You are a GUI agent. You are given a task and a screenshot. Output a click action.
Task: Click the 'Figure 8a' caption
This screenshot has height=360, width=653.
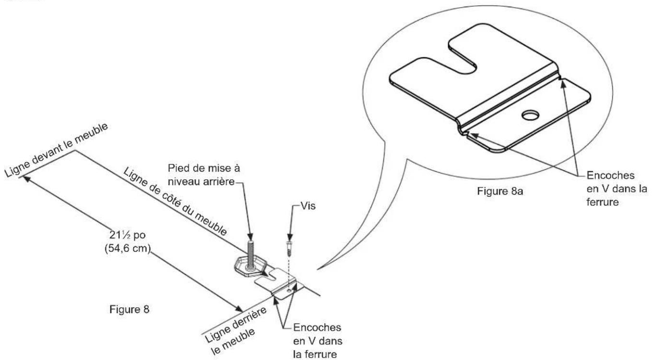pos(500,191)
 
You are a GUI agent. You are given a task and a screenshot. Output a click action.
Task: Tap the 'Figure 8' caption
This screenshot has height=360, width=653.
pos(129,309)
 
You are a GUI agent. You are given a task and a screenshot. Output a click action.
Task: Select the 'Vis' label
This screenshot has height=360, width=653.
pos(308,206)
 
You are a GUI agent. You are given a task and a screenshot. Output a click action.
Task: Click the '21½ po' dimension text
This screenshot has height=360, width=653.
pos(128,235)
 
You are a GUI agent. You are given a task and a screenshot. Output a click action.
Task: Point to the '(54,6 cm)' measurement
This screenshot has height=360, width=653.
pos(128,248)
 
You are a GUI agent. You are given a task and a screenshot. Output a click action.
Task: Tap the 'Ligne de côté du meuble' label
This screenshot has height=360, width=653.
pos(175,202)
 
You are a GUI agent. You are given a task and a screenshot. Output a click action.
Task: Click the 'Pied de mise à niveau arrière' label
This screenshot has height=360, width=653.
pos(204,175)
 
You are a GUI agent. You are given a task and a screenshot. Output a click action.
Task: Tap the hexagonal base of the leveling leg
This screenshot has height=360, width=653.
pos(250,267)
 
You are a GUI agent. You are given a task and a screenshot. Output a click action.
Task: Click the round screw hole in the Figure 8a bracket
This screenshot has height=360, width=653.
pos(530,115)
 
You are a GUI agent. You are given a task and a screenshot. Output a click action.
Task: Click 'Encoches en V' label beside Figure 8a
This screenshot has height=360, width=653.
pos(616,188)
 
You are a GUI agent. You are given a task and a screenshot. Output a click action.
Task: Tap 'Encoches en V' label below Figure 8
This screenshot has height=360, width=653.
pos(317,340)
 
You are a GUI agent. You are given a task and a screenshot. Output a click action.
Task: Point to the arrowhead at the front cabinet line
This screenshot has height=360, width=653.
pos(26,179)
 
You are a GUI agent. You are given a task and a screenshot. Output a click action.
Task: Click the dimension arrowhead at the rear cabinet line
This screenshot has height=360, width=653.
pos(238,309)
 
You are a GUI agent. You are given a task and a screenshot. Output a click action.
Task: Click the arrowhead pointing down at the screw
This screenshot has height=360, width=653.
pos(290,237)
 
